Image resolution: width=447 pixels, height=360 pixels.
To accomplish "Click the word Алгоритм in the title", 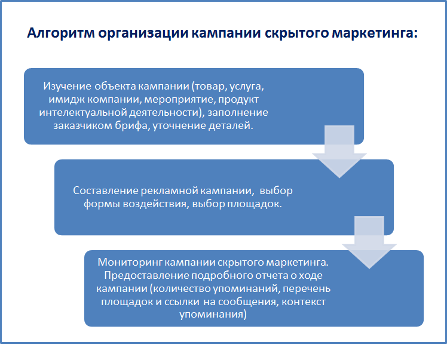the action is tap(61, 33).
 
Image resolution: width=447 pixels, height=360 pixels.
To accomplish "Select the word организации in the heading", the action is tap(143, 33).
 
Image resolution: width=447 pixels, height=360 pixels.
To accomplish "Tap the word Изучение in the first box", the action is tap(68, 86).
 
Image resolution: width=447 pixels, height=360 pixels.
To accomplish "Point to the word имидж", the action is tap(66, 99).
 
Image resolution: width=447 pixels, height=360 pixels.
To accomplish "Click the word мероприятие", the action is tap(180, 100).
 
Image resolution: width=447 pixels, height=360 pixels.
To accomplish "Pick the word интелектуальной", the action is tap(83, 112).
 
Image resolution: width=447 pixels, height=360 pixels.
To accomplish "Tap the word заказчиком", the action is tap(82, 126).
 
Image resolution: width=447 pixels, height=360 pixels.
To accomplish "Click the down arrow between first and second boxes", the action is tap(339, 151).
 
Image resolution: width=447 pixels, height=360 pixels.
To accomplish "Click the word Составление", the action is tap(106, 190).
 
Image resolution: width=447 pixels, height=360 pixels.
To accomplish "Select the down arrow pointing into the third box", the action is tap(369, 242).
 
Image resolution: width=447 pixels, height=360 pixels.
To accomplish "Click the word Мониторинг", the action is tap(130, 262).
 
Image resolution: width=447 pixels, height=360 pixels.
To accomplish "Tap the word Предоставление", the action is tap(146, 275).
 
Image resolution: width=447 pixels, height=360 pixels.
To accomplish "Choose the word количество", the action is tap(183, 288).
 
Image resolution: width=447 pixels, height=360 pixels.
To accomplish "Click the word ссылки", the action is tap(181, 302).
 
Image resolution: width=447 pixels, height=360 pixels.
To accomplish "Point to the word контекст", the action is tap(304, 302).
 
